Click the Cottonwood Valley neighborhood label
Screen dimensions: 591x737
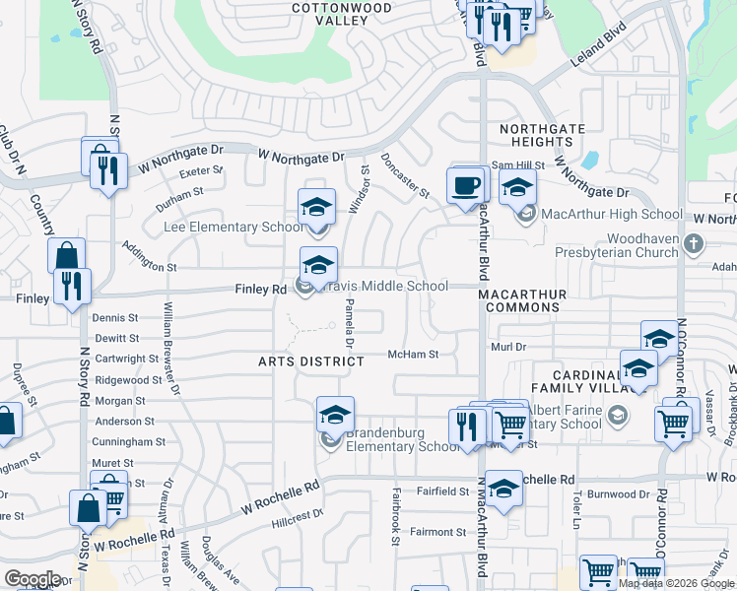(341, 14)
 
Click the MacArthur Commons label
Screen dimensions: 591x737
(522, 300)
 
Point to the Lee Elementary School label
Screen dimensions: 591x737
(234, 228)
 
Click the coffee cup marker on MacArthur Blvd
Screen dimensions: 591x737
(465, 184)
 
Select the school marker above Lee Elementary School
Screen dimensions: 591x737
(316, 207)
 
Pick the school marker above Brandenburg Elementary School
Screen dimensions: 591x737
(335, 415)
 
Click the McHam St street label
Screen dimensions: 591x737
(412, 354)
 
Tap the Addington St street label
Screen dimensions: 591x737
(148, 267)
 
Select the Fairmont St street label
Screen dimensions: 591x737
(437, 532)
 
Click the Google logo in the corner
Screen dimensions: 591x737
(32, 579)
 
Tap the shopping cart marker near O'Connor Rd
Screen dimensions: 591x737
(674, 424)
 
